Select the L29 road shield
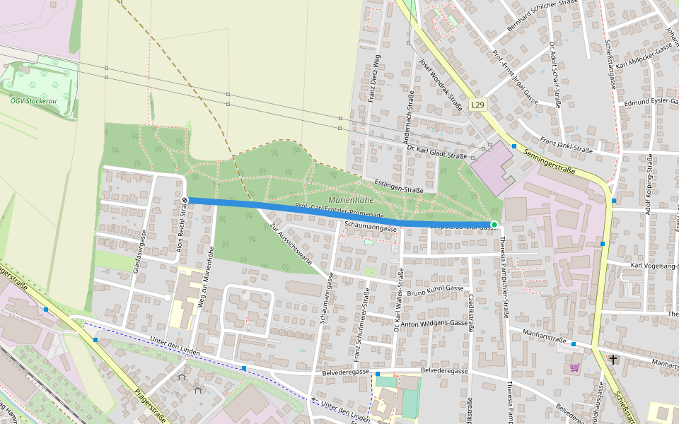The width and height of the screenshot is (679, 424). coord(478,105)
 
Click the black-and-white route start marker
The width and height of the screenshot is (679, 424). coord(185,201)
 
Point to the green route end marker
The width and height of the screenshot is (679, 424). coord(494,224)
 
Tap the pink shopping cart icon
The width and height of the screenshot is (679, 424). coord(574,367)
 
